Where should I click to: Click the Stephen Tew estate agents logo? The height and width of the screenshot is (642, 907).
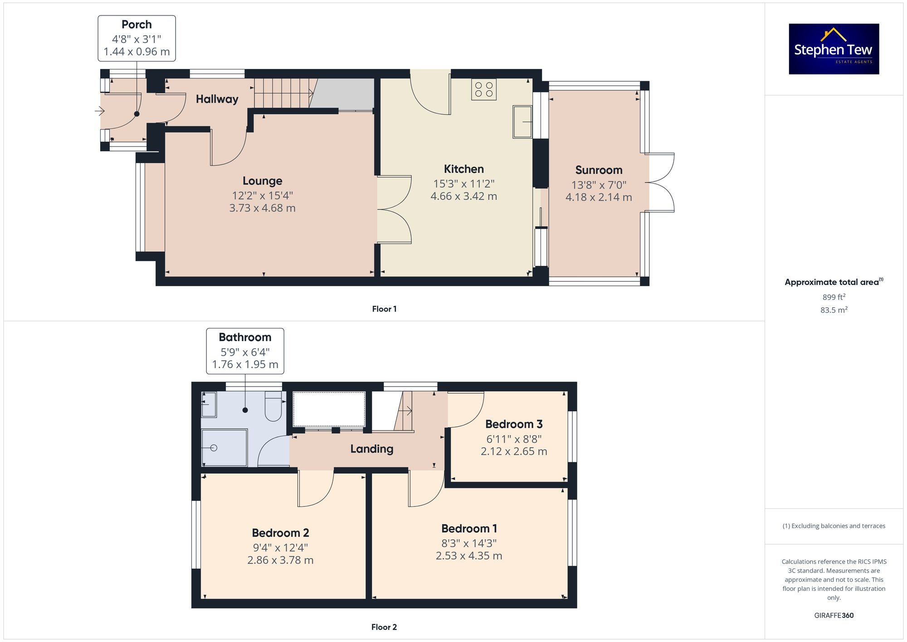(834, 49)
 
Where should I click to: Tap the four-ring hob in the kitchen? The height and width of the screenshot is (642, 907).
(483, 89)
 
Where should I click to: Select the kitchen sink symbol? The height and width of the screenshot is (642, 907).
(522, 121)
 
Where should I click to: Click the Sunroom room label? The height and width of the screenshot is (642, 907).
(599, 170)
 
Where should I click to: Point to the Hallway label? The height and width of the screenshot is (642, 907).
(217, 99)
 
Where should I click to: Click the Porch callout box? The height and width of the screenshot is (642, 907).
(137, 38)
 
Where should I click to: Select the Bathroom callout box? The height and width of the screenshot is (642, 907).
(245, 351)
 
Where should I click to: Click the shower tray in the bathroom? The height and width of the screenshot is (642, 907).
(224, 447)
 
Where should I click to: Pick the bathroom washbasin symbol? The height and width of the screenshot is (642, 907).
(209, 404)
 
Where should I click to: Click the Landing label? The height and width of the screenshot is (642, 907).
(371, 449)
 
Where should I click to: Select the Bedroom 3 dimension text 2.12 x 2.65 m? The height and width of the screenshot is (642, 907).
(514, 451)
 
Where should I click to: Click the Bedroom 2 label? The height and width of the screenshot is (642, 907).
(280, 533)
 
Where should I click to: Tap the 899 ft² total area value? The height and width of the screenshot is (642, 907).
(834, 297)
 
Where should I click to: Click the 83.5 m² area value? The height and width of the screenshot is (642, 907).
(834, 310)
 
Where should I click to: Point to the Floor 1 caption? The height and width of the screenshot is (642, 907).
(384, 309)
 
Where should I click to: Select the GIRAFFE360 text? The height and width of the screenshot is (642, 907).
(834, 615)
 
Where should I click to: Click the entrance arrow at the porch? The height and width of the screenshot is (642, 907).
(99, 111)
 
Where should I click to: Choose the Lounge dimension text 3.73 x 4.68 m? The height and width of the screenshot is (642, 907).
(262, 208)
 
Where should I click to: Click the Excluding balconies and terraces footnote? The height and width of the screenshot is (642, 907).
(834, 526)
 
